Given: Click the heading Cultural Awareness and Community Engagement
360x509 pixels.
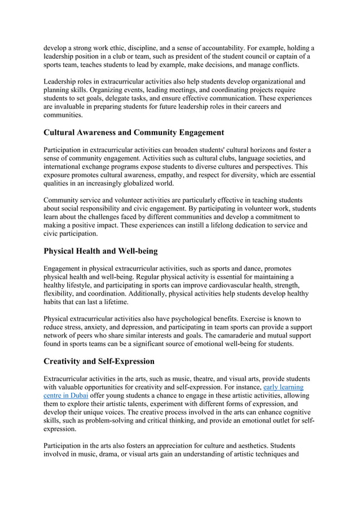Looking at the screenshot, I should pyautogui.click(x=134, y=133).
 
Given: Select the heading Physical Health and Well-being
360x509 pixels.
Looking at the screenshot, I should pyautogui.click(x=101, y=251).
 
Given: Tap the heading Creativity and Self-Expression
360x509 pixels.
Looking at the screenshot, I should pyautogui.click(x=99, y=361).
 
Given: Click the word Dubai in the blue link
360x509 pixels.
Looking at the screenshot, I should pyautogui.click(x=76, y=396).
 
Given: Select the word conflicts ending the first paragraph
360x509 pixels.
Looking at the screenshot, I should pyautogui.click(x=282, y=65).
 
